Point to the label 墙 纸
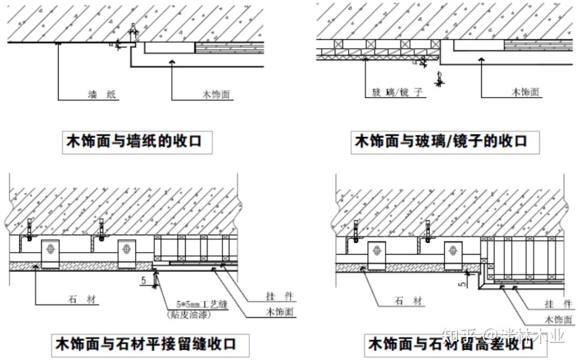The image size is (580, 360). [102, 95]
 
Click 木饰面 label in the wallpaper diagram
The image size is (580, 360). [216, 95]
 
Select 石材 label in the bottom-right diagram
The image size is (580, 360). [407, 301]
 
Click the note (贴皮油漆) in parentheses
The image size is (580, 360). [189, 315]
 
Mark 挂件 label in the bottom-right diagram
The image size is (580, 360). [558, 304]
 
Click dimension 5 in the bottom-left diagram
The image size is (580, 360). [143, 280]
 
